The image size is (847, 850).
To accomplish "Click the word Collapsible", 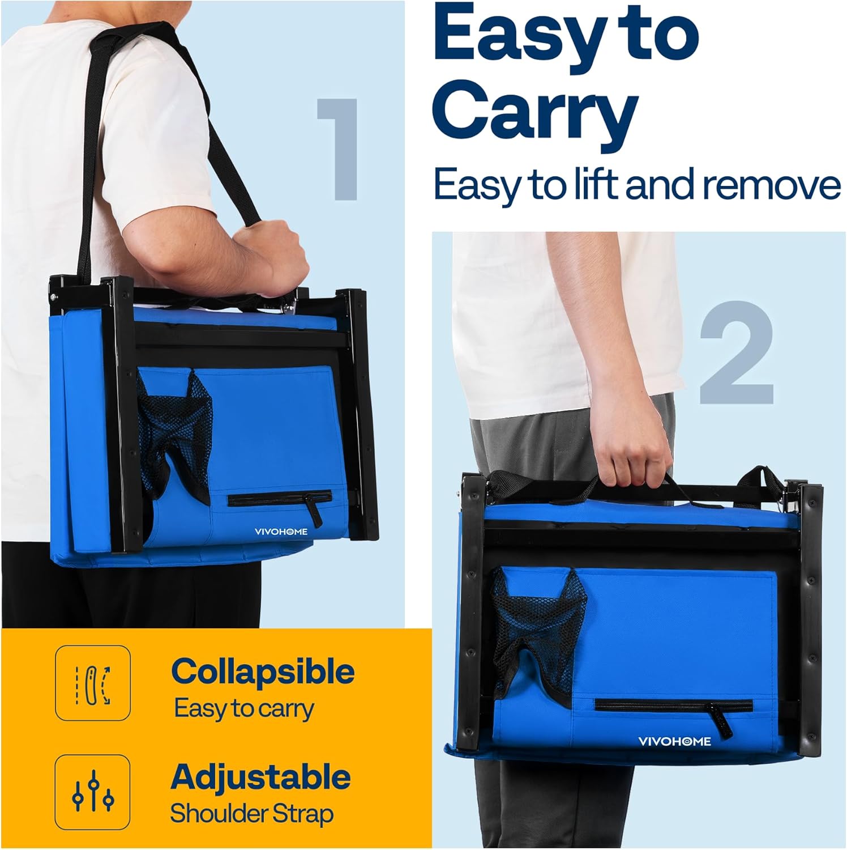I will [x=263, y=673].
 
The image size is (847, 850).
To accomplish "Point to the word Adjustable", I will [x=260, y=777].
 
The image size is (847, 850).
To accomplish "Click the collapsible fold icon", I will [x=93, y=683].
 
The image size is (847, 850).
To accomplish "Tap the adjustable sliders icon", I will [x=93, y=792].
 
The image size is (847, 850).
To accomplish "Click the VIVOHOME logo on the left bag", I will [x=281, y=532].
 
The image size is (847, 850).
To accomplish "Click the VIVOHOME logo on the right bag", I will [x=674, y=741].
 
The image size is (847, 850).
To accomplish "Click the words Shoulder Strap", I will [x=251, y=814].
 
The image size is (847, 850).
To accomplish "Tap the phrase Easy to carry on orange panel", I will [x=244, y=709].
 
